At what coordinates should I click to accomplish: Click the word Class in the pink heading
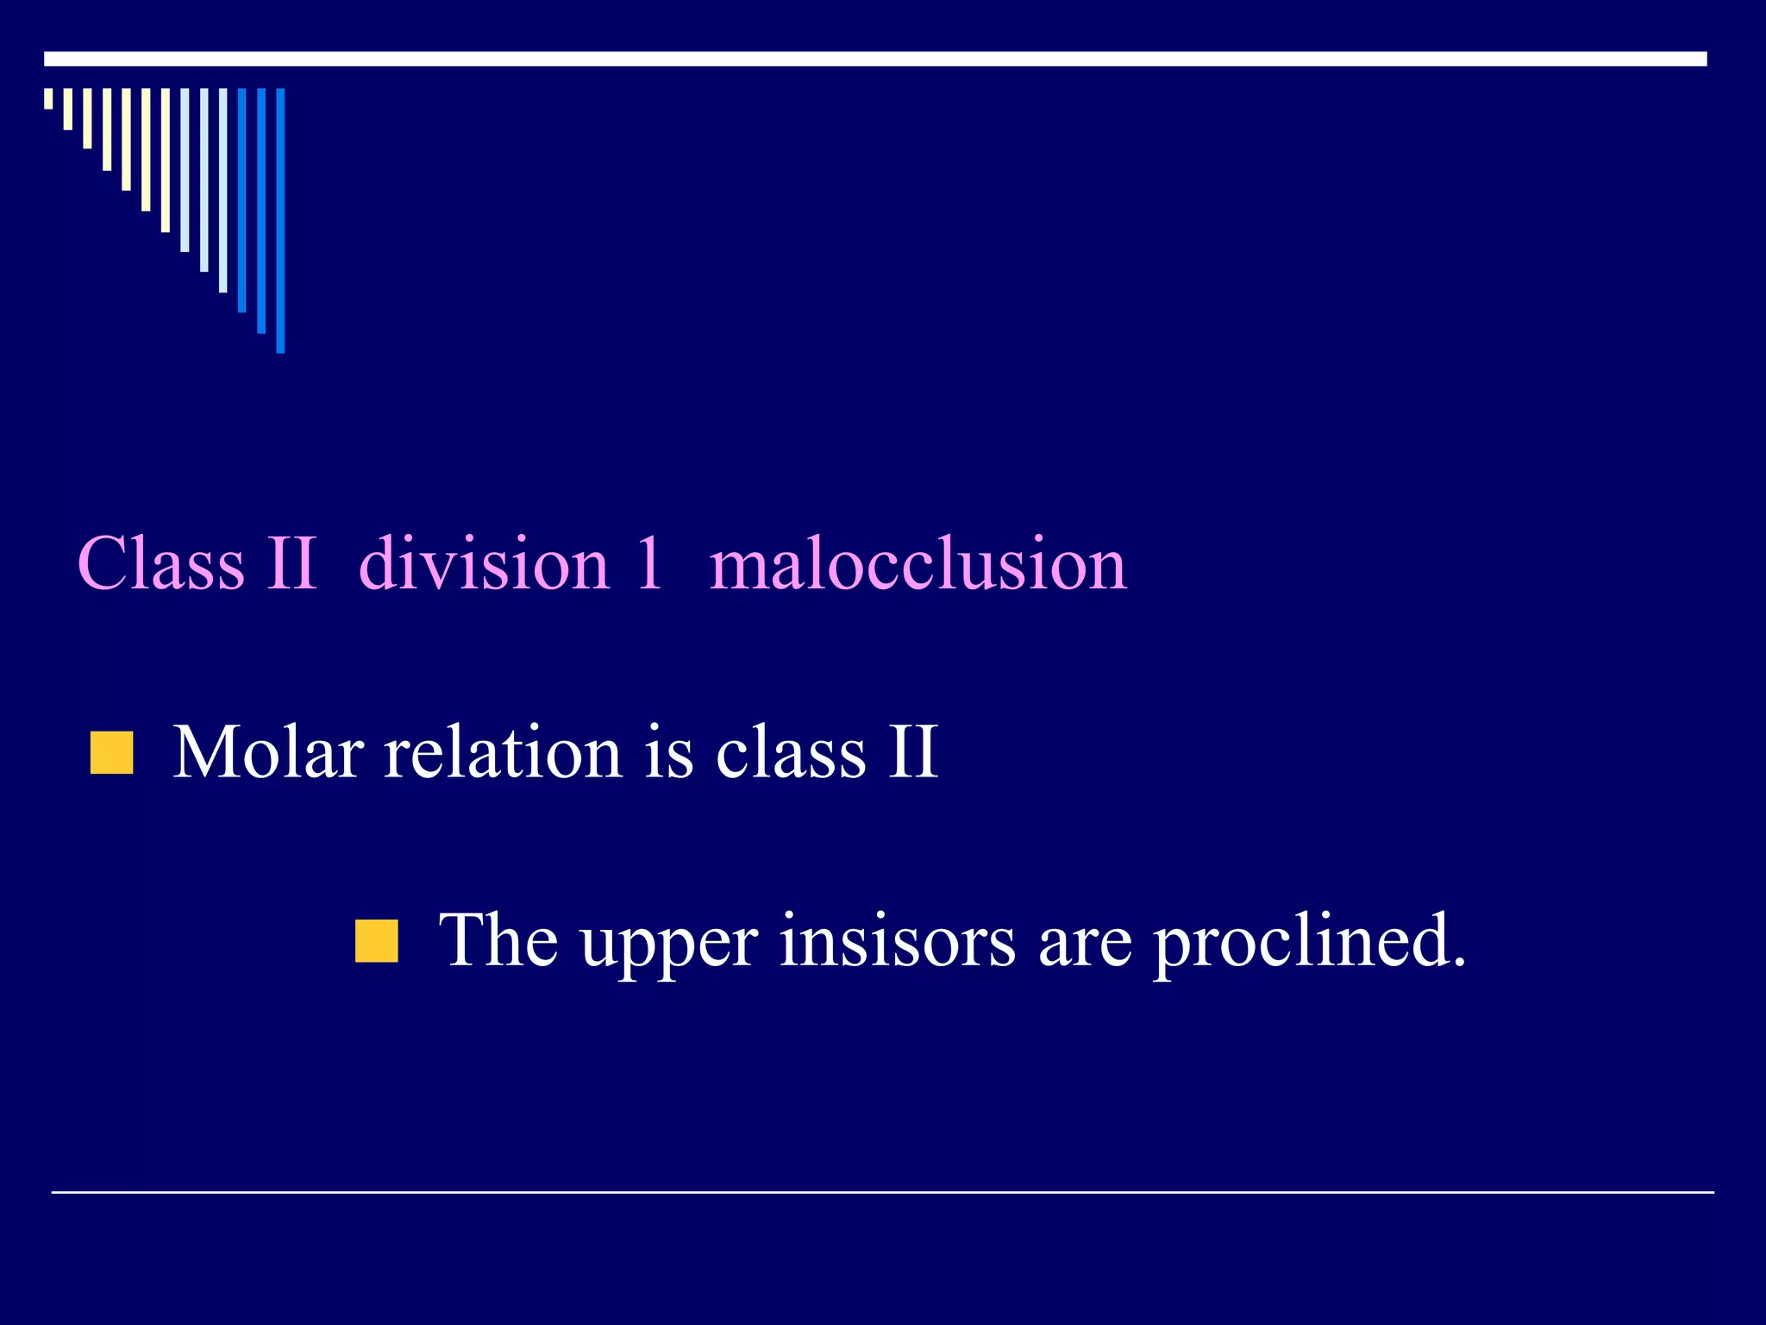pyautogui.click(x=161, y=563)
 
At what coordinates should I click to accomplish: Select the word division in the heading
pyautogui.click(x=484, y=563)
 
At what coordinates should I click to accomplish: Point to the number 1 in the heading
pyautogui.click(x=648, y=563)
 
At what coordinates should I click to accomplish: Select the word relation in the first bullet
pyautogui.click(x=502, y=752)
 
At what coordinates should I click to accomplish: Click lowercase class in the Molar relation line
pyautogui.click(x=791, y=752)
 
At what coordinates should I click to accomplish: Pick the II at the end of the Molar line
pyautogui.click(x=913, y=752)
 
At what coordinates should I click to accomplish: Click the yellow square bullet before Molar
pyautogui.click(x=112, y=753)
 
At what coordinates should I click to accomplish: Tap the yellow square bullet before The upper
pyautogui.click(x=377, y=940)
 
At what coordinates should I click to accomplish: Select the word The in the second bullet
pyautogui.click(x=498, y=940)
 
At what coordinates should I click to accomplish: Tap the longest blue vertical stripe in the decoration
pyautogui.click(x=280, y=220)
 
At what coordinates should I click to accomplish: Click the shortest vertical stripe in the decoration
pyautogui.click(x=48, y=98)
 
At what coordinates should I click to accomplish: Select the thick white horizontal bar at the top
pyautogui.click(x=875, y=59)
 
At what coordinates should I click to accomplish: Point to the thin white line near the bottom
pyautogui.click(x=882, y=1192)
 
